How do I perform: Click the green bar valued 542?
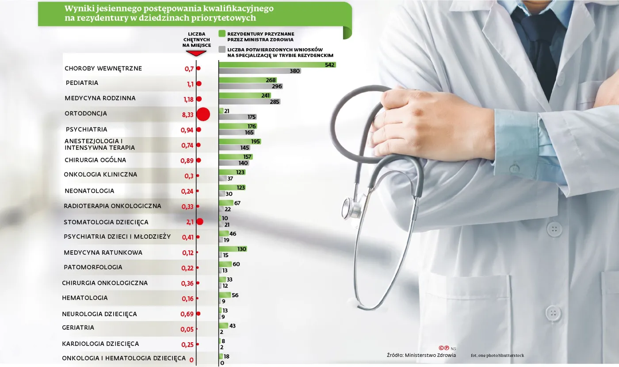point(277,65)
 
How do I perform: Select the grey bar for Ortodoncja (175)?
point(237,117)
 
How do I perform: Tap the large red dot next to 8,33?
point(203,114)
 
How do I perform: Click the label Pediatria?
point(82,83)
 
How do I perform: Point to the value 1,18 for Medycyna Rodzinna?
point(188,99)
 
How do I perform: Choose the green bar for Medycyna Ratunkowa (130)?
point(233,249)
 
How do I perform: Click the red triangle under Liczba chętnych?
point(196,53)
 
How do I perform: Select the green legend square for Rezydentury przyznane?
point(222,34)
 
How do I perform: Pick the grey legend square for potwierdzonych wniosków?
point(222,49)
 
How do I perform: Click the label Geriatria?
point(78,328)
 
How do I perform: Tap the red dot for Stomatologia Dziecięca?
point(199,222)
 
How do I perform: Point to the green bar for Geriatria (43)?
point(223,326)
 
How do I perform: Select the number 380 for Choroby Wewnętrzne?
point(295,71)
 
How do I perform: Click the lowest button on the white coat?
point(553,313)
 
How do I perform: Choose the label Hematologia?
point(85,298)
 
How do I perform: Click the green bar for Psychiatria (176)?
point(237,126)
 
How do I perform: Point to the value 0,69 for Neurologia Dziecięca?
point(187,314)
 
